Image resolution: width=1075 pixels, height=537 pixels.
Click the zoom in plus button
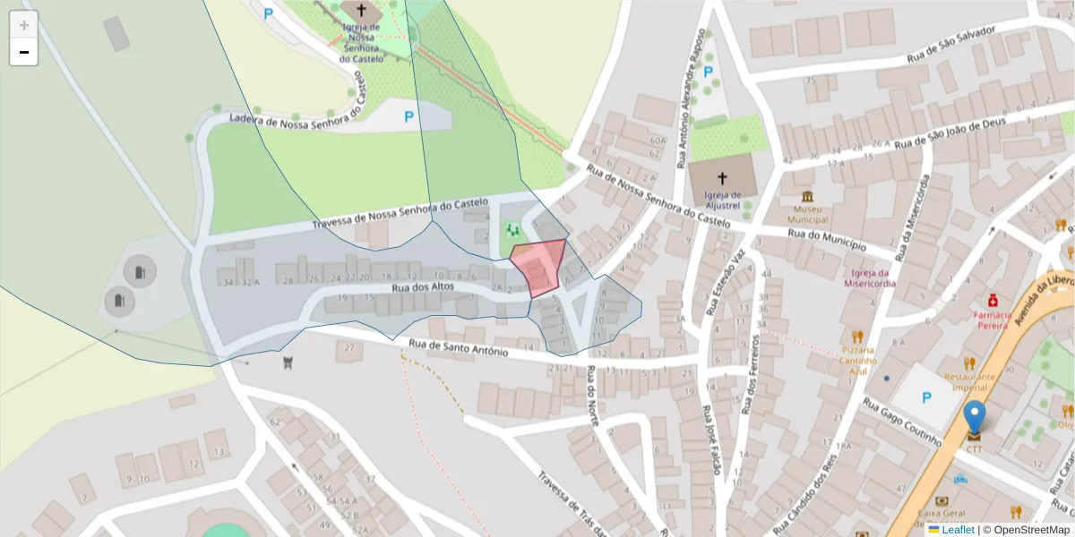point(24,24)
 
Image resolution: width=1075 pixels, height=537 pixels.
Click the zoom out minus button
point(24,52)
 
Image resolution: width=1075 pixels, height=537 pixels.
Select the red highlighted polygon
point(539,265)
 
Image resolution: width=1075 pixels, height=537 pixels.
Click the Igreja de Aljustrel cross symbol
point(723,178)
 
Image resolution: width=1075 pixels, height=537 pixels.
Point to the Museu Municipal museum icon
point(808,197)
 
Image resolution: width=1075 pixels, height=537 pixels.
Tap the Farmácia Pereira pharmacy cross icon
point(993,300)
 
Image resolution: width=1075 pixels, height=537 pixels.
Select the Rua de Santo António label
point(458,347)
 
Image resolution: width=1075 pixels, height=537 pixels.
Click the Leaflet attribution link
point(957,530)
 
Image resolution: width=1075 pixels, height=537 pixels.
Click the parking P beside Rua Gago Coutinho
point(926,398)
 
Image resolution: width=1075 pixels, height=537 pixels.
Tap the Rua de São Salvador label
point(951,44)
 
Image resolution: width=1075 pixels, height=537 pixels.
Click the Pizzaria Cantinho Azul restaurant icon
point(857,337)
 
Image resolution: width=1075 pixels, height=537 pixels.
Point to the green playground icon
point(513,230)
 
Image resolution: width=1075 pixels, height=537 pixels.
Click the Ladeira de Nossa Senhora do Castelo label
point(299,111)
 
